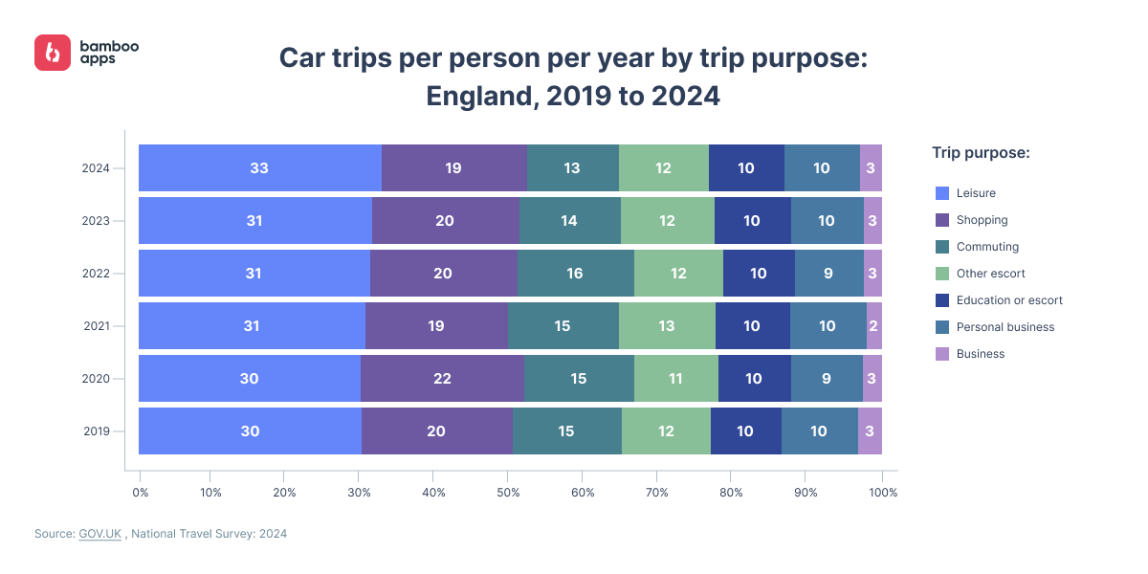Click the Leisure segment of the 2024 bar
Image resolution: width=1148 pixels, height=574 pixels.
[x=259, y=168]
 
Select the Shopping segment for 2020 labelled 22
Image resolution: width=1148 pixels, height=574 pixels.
[x=442, y=378]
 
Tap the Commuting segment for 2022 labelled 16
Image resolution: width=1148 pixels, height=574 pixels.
[x=575, y=274]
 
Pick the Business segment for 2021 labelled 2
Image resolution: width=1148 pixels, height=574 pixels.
[x=873, y=326]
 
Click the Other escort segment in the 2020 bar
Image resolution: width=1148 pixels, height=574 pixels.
[x=675, y=378]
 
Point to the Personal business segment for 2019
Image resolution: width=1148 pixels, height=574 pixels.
[x=819, y=430]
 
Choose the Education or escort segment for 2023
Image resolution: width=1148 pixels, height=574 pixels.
[x=752, y=221]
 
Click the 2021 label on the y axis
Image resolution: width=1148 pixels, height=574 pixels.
[x=98, y=326]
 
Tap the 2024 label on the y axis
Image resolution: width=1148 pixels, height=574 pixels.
[x=98, y=168]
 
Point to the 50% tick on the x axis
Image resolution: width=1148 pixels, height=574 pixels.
[x=508, y=493]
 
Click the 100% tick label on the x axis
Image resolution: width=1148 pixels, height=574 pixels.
[x=882, y=493]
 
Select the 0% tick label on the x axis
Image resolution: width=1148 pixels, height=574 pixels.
[x=141, y=493]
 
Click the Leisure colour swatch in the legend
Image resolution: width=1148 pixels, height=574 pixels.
[x=940, y=193]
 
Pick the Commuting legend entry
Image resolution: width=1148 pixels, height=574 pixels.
[x=987, y=247]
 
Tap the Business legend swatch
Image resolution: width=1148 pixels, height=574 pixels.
[x=940, y=354]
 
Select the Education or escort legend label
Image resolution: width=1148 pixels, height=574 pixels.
[x=1009, y=300]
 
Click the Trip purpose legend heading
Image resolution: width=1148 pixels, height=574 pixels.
[x=981, y=153]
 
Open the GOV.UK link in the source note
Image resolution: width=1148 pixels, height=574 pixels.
[x=100, y=534]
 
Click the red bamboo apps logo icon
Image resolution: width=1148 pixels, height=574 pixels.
[x=53, y=53]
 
